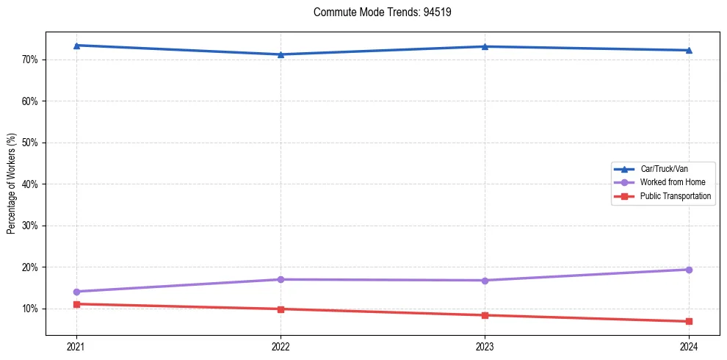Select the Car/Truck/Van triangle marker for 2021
point(76,46)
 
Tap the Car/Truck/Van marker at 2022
point(281,54)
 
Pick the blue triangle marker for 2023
point(485,46)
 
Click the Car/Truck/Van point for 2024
point(689,50)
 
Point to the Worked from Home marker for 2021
point(76,292)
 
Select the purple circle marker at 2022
point(281,279)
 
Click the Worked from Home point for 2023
point(485,281)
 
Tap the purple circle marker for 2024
point(689,270)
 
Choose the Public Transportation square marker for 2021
point(76,304)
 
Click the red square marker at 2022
point(281,309)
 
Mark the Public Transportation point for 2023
point(485,315)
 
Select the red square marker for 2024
point(689,321)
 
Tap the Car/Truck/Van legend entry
point(663,169)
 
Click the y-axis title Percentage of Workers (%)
point(11,184)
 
